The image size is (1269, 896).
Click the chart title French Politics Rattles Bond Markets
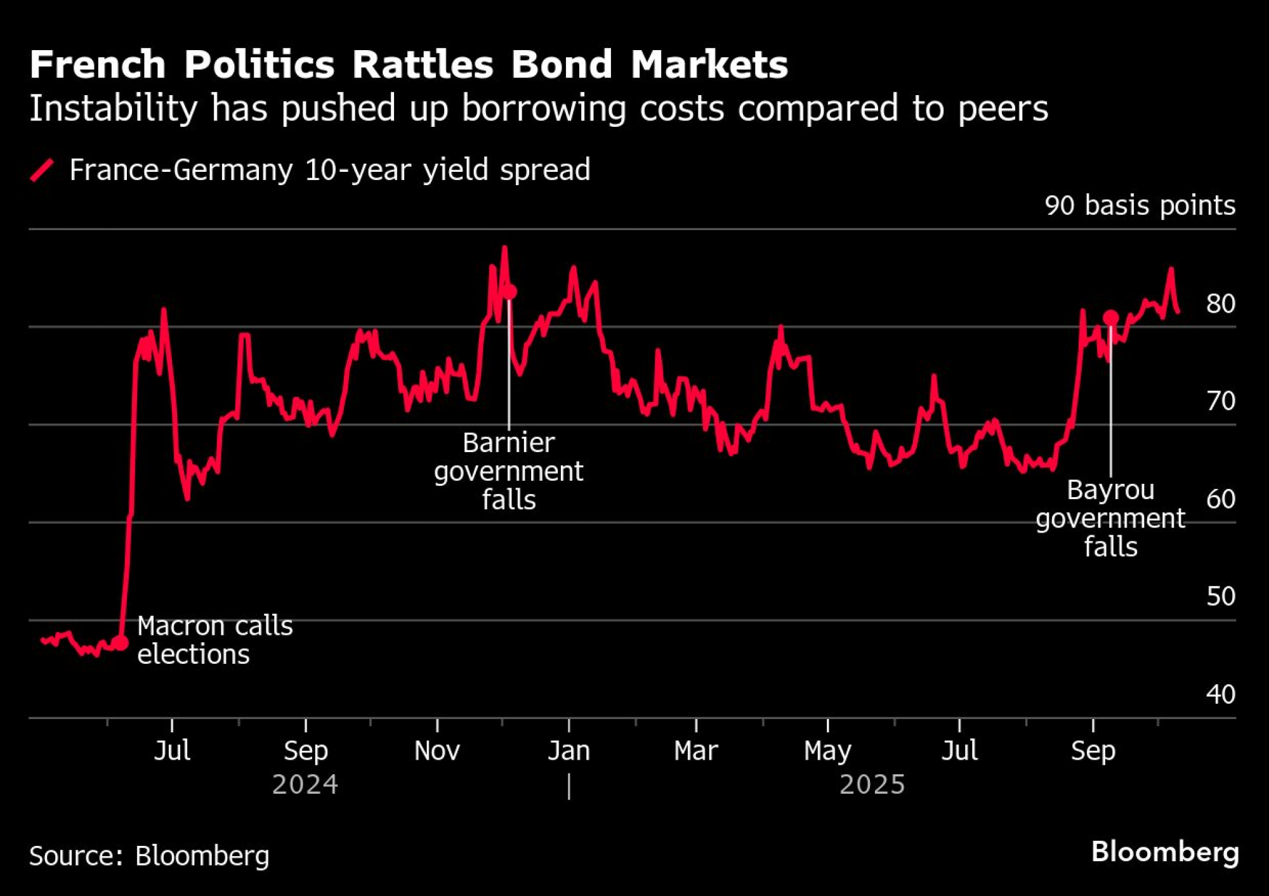pos(409,65)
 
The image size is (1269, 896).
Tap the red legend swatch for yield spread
pos(42,170)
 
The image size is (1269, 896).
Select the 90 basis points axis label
pos(1140,205)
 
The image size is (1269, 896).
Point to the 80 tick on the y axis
pos(1220,304)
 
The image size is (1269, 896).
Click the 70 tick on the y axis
pos(1220,401)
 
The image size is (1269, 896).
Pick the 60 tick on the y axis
pos(1220,499)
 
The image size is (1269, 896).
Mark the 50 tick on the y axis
pos(1220,597)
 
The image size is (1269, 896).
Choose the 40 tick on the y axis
pos(1220,694)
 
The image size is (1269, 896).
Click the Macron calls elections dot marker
pos(120,642)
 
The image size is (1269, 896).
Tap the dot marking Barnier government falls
pos(510,292)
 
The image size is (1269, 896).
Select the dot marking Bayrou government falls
pos(1110,318)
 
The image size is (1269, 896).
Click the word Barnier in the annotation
pos(508,443)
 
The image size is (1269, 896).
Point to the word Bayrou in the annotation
pos(1110,490)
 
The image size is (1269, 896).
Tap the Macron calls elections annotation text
pos(214,640)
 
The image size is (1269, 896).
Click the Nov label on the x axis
pos(437,751)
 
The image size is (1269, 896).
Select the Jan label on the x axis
pos(569,751)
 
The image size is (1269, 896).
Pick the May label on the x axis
pos(827,751)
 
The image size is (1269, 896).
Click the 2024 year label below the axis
pos(305,785)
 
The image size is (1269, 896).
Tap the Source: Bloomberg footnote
pos(149,856)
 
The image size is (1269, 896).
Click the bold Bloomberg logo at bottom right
pos(1165,852)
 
